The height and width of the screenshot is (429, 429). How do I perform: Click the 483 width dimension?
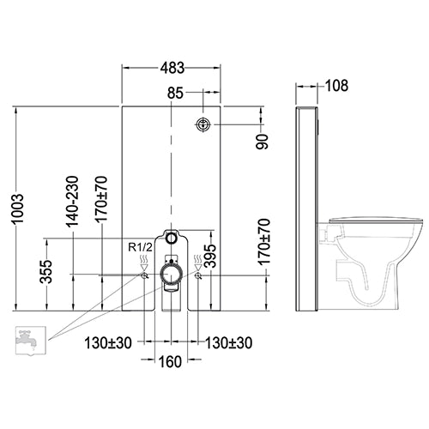pyautogui.click(x=172, y=68)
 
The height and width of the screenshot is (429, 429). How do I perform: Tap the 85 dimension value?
pyautogui.click(x=175, y=93)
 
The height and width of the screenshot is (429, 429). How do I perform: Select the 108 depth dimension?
pyautogui.click(x=337, y=86)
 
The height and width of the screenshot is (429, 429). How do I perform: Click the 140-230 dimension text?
pyautogui.click(x=72, y=202)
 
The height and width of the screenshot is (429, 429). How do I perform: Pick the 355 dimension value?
pyautogui.click(x=46, y=272)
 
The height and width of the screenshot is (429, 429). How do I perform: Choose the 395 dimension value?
pyautogui.click(x=211, y=256)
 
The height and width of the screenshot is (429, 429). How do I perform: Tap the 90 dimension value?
pyautogui.click(x=263, y=142)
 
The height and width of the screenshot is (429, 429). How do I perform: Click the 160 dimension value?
pyautogui.click(x=170, y=362)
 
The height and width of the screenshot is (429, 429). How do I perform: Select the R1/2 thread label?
pyautogui.click(x=141, y=247)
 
